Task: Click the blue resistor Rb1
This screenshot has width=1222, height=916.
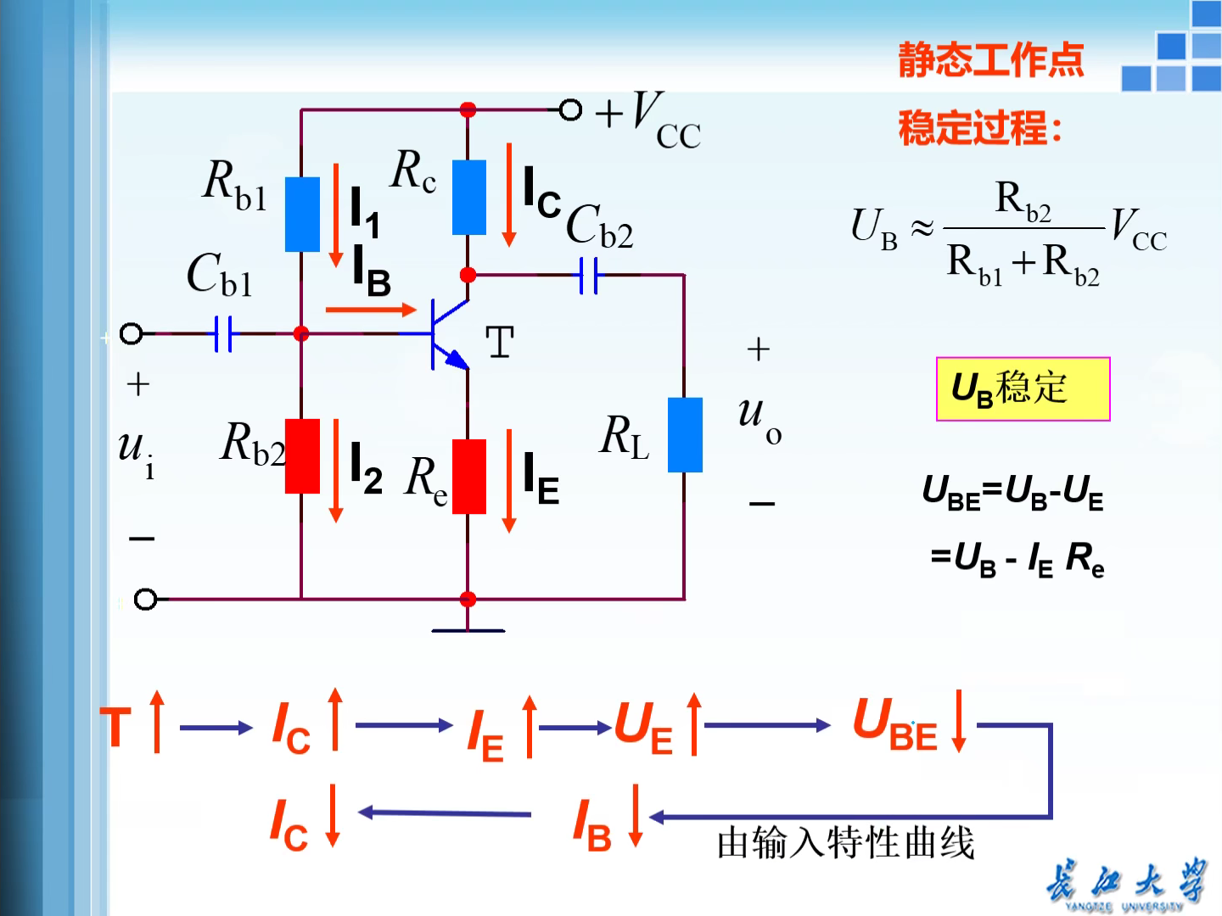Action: coord(302,214)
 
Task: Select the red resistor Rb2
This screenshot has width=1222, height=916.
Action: coord(302,455)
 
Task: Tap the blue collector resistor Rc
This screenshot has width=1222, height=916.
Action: coord(468,197)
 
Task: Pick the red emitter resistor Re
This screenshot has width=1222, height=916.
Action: coord(468,476)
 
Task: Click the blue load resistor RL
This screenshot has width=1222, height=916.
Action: coord(685,434)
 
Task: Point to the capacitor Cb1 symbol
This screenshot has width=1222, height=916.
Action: coord(223,333)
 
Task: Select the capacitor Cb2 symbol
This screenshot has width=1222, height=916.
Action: coord(588,275)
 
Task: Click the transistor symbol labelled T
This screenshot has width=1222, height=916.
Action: coord(448,334)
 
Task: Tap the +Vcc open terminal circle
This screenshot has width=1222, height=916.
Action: coord(570,109)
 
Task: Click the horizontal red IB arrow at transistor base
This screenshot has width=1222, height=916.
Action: coord(371,310)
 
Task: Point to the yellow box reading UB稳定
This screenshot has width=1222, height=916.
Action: coord(1023,388)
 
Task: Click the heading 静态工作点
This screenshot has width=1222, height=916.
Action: coord(991,59)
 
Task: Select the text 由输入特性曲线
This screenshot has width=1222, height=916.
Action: coord(845,843)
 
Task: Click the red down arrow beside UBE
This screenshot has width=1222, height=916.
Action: coord(959,721)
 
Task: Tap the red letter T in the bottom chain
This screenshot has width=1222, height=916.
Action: coord(116,727)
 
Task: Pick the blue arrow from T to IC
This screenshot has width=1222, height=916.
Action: coord(216,727)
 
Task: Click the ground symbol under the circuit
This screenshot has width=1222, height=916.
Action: coord(468,628)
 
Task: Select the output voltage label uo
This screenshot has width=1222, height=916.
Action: coord(760,417)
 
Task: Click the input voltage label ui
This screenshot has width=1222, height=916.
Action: coord(137,452)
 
